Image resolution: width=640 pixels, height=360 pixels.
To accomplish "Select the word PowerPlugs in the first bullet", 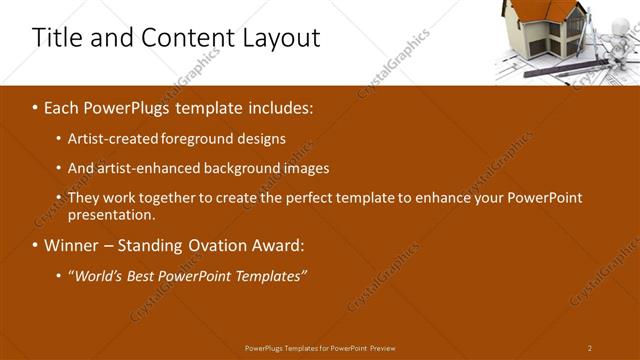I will tap(140, 108).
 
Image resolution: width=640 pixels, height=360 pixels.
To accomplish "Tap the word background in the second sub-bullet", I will tap(250, 168).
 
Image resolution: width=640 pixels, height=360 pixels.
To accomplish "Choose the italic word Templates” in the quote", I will tap(270, 276).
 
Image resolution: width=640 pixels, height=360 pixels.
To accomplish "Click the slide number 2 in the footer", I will tap(590, 348).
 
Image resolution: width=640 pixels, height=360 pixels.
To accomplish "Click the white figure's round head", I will tap(620, 24).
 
